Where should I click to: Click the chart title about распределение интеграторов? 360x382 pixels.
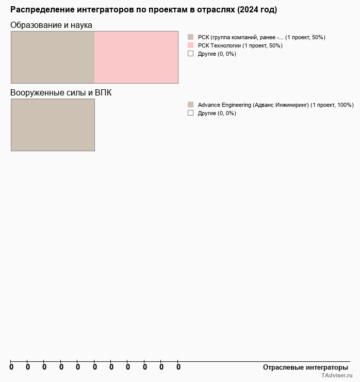[143, 10]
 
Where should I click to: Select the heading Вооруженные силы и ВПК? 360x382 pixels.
[61, 93]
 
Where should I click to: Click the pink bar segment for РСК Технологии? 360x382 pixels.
[136, 57]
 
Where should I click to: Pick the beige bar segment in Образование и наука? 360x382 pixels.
[53, 57]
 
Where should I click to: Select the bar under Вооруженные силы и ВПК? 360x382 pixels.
[53, 125]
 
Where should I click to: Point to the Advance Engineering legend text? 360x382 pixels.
[275, 105]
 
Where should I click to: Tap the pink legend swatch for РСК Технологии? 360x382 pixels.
[190, 45]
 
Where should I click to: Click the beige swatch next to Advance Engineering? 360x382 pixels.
[190, 105]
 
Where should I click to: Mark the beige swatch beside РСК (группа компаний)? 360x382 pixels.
[190, 37]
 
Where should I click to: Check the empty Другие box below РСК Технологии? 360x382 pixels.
[190, 54]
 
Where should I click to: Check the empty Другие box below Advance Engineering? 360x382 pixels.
[190, 113]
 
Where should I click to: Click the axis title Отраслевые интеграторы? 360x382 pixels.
[305, 368]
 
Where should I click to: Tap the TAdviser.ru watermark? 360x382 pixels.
[336, 376]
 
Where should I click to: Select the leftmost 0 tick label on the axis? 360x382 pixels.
[11, 368]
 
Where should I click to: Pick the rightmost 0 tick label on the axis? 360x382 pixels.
[178, 368]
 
